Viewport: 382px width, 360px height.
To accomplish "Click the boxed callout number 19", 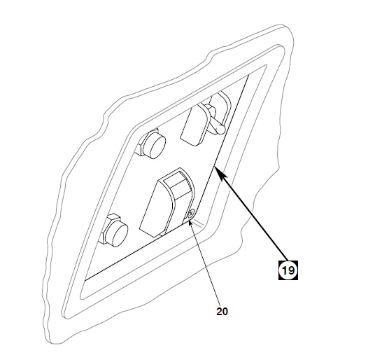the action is tap(288, 270).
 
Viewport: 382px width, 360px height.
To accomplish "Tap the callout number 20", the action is tap(222, 312).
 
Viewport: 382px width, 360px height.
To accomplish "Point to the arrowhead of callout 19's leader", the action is tap(218, 172).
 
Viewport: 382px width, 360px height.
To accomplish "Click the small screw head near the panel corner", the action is tap(191, 214).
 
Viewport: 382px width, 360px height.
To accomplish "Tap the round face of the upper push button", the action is tap(157, 147).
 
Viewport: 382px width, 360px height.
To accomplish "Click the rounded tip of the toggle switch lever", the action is tap(220, 129).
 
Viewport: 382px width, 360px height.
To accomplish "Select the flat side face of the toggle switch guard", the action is tap(193, 126).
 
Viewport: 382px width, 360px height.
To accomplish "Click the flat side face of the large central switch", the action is tap(155, 209).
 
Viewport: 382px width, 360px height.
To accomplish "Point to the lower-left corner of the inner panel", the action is tap(85, 280).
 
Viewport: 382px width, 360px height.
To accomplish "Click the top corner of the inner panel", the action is tap(248, 76).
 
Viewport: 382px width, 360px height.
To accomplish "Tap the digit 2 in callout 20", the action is tap(219, 312).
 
